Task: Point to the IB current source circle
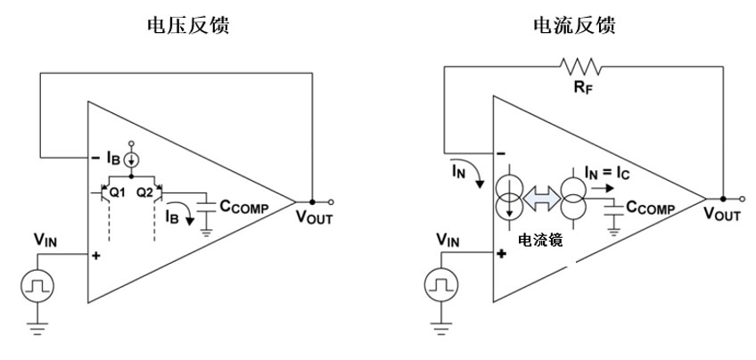(x=131, y=160)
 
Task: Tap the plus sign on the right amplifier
(x=501, y=253)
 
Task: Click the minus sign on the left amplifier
(x=96, y=159)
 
